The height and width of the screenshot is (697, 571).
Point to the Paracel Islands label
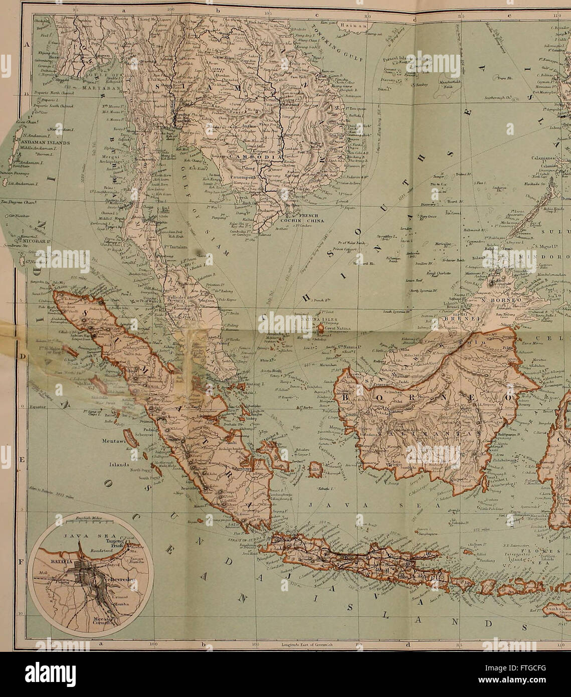(400, 58)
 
